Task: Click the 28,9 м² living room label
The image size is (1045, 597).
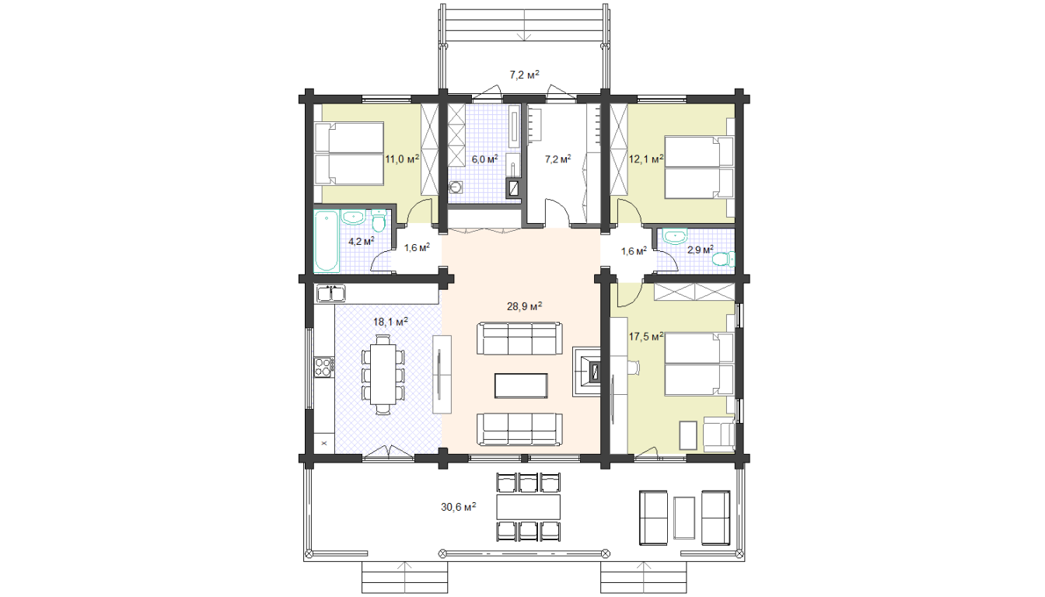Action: click(x=524, y=306)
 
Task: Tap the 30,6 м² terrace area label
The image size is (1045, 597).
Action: click(x=458, y=507)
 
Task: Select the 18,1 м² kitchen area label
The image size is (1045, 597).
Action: click(x=390, y=322)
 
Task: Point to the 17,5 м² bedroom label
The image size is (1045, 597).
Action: click(x=646, y=337)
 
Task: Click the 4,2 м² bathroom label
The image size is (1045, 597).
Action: click(x=361, y=242)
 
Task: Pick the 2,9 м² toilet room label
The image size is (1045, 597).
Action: click(x=701, y=250)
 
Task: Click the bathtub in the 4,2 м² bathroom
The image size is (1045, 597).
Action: click(x=326, y=241)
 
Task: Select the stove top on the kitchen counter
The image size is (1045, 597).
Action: click(x=323, y=367)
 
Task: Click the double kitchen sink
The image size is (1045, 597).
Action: click(x=330, y=294)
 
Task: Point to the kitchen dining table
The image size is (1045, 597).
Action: click(x=383, y=375)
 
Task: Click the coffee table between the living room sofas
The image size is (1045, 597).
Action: click(x=521, y=386)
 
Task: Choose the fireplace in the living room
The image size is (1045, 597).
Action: click(x=586, y=372)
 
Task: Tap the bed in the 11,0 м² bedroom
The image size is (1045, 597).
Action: click(x=349, y=153)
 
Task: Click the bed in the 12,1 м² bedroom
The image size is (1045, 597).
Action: click(x=699, y=167)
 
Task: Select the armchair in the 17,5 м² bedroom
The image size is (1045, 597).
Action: click(x=719, y=435)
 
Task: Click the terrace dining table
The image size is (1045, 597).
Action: click(x=529, y=507)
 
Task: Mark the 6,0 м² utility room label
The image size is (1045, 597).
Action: click(x=484, y=159)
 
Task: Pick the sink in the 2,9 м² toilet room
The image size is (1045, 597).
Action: click(x=675, y=236)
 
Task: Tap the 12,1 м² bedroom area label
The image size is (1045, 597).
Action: click(x=646, y=159)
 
